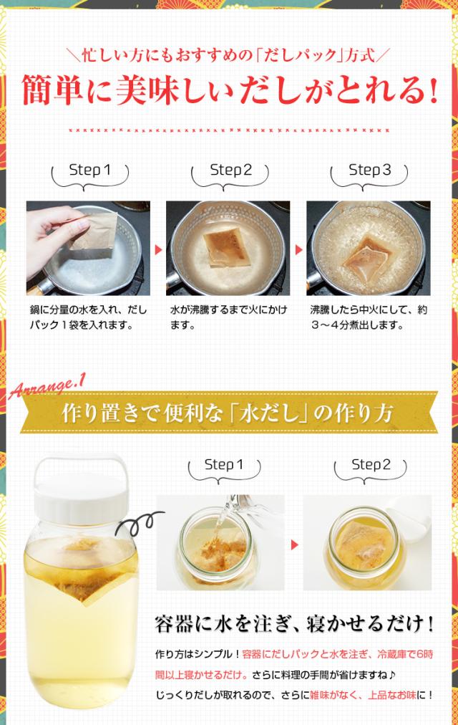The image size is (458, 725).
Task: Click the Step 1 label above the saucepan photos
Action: point(90,170)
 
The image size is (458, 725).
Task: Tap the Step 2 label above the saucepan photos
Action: point(231,170)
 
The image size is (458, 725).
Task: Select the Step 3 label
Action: point(370,170)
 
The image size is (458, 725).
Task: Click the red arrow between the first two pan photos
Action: point(158,250)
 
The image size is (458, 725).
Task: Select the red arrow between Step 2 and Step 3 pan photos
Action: point(298,250)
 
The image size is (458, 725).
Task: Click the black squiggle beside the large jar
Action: point(139,522)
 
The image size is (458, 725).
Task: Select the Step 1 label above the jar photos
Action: point(224,465)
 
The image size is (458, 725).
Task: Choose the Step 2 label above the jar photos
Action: point(371,465)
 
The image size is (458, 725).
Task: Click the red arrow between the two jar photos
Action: point(294,544)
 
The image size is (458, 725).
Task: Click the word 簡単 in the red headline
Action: point(52,90)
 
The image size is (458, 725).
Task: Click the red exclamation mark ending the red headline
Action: point(432,90)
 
